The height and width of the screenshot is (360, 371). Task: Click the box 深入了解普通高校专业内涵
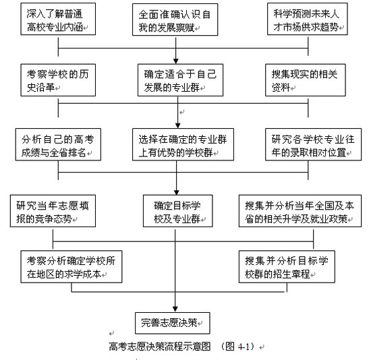coord(58,19)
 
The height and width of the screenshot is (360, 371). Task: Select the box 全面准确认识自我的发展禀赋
coord(175,20)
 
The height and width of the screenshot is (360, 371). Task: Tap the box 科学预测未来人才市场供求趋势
coord(308,19)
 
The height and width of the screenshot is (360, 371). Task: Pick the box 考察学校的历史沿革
coord(58,80)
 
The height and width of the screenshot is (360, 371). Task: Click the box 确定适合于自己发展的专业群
coord(180,80)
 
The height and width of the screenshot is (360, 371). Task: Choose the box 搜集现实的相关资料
coord(305,80)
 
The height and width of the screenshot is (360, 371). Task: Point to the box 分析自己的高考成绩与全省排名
coord(58,144)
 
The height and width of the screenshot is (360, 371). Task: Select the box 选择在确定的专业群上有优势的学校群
coord(183,144)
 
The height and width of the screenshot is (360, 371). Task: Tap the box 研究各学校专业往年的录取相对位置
coord(313,144)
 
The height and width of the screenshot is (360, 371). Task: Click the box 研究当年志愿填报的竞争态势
coord(53,211)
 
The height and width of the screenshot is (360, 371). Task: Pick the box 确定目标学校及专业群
coord(177,211)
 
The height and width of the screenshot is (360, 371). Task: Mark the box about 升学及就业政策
coord(300,211)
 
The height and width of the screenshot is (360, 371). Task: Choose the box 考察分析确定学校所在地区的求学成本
coord(72,267)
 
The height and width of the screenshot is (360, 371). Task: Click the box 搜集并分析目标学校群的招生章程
coord(287,267)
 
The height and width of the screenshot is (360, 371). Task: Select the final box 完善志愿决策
coord(172,323)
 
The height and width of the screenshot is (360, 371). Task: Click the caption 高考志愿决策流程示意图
coord(160,347)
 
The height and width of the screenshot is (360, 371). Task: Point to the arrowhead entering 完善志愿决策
coord(175,309)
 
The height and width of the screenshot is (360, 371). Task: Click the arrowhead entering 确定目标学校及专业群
coord(177,192)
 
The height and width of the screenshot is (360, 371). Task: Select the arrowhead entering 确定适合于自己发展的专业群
coord(176,61)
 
